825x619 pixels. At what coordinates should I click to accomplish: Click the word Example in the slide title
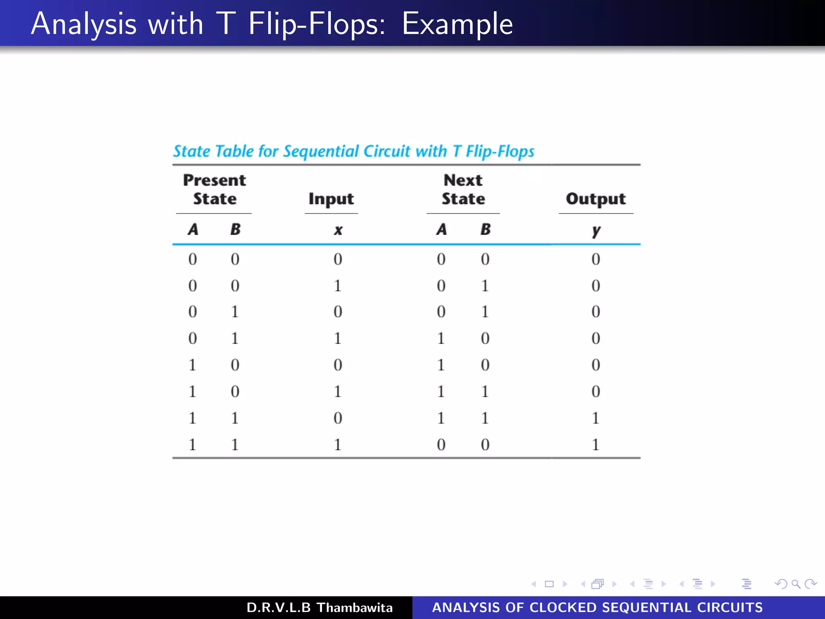coord(457,24)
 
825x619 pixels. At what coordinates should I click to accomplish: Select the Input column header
coord(331,199)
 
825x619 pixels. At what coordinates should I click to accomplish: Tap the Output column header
coord(596,199)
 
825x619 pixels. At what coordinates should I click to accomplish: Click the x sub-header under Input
coord(338,230)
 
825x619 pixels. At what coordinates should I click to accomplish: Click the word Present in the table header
coord(214,180)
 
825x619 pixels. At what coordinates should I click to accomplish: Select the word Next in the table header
coord(463,180)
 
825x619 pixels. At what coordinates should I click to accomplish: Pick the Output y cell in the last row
coord(596,445)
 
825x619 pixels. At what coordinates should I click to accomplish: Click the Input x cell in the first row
coord(338,259)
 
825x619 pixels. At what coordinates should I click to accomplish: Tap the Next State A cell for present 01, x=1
coord(441,338)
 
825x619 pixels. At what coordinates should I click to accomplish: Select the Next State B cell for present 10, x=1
coord(485,391)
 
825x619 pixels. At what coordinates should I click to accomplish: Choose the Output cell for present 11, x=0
coord(596,418)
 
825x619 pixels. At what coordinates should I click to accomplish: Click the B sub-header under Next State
coord(485,229)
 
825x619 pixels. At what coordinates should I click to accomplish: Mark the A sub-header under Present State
coord(193,229)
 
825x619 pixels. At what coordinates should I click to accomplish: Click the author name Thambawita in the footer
coord(354,607)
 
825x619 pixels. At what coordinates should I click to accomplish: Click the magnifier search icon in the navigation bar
coord(796,584)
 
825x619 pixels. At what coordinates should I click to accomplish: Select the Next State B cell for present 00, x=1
coord(485,286)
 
